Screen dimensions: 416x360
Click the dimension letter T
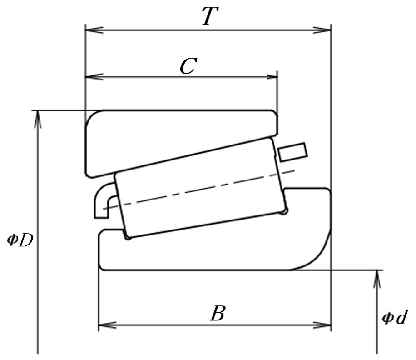point(210,16)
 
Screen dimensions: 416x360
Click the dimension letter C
point(188,66)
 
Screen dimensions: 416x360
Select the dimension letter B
point(218,313)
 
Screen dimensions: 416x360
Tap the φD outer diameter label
point(20,240)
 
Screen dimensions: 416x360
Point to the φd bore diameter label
point(394,317)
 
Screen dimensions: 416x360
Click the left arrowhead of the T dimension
point(94,30)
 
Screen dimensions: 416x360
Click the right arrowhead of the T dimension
point(322,30)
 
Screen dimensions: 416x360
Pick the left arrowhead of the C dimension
point(94,77)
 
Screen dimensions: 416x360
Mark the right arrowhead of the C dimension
point(272,77)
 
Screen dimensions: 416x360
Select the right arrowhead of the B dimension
point(322,325)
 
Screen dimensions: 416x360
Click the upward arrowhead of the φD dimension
point(38,119)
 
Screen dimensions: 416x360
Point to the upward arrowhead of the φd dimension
point(377,279)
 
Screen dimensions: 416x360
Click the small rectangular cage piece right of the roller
point(292,152)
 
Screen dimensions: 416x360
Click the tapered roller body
point(200,187)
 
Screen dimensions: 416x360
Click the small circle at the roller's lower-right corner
point(284,211)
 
